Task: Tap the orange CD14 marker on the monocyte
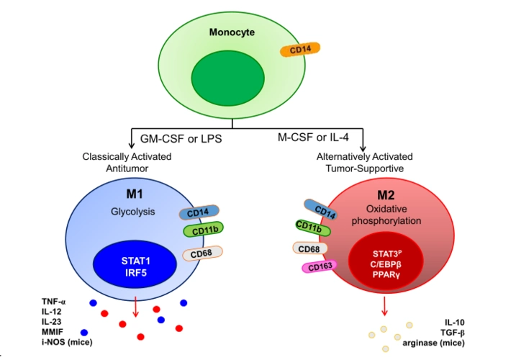pos(300,50)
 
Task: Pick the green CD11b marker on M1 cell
pos(204,231)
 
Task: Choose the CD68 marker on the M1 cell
pos(203,253)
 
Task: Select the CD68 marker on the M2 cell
pos(310,248)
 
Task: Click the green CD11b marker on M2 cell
pos(313,229)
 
